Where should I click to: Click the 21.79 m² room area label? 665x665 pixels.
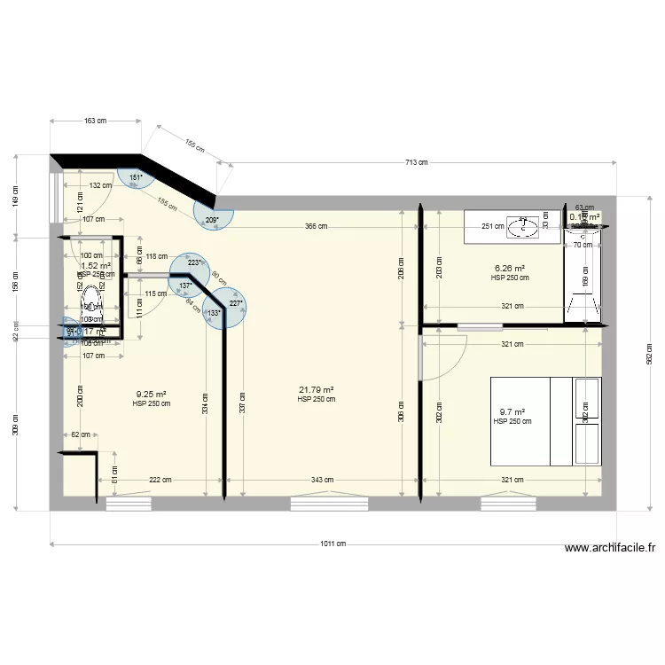click(317, 390)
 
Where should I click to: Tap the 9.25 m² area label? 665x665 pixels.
click(152, 395)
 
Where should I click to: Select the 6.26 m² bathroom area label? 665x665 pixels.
click(510, 269)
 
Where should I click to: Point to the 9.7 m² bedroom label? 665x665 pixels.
click(512, 412)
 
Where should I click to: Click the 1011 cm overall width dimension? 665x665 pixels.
click(333, 544)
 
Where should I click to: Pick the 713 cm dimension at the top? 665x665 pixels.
click(417, 162)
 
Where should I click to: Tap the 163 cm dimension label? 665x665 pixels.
click(95, 121)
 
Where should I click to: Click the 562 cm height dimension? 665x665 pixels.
click(648, 355)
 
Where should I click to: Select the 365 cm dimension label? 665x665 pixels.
click(316, 226)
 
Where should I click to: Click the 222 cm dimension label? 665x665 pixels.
click(160, 480)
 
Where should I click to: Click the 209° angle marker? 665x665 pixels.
click(212, 219)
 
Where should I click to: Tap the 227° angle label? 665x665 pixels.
click(235, 304)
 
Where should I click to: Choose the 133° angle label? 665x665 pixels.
click(214, 313)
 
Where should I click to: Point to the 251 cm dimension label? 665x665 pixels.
click(494, 226)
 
